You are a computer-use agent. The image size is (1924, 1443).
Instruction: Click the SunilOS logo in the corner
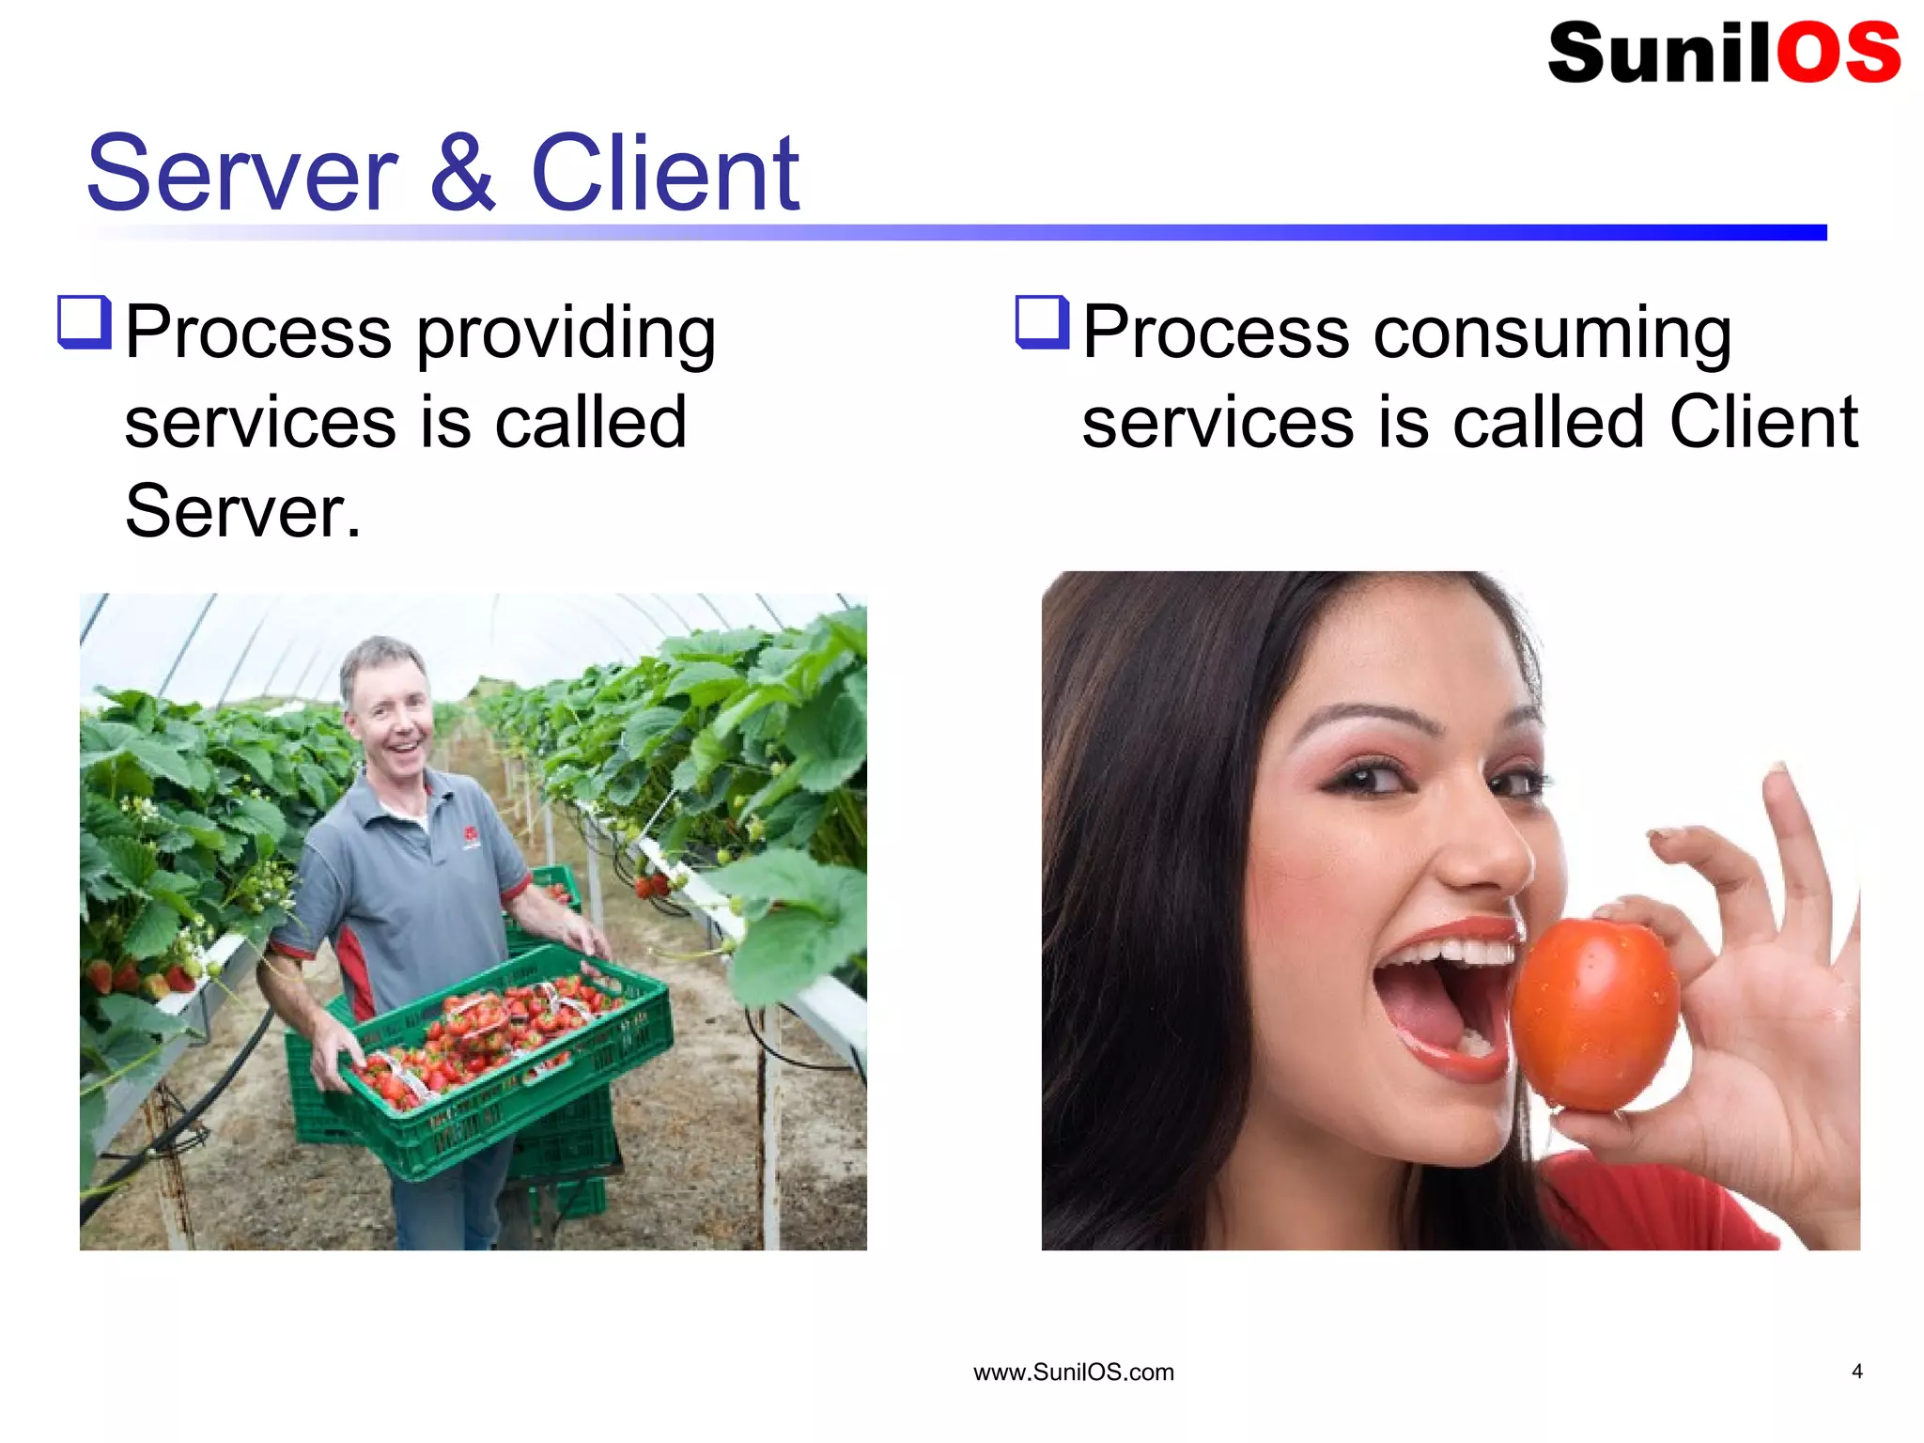coord(1723,53)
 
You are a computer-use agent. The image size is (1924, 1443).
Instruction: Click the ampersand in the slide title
coord(463,174)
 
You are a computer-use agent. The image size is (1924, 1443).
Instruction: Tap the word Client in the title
coord(665,174)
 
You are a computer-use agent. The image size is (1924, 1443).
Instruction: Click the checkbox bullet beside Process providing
coord(85,322)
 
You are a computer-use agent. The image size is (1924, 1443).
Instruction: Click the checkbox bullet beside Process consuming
coord(1042,322)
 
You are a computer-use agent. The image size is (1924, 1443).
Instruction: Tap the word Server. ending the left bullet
coord(242,512)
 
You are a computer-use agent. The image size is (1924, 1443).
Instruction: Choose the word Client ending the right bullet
coord(1763,423)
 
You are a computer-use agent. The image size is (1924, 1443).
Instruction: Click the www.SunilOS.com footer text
coord(1073,1373)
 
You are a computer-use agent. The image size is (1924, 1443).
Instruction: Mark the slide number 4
coord(1856,1372)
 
